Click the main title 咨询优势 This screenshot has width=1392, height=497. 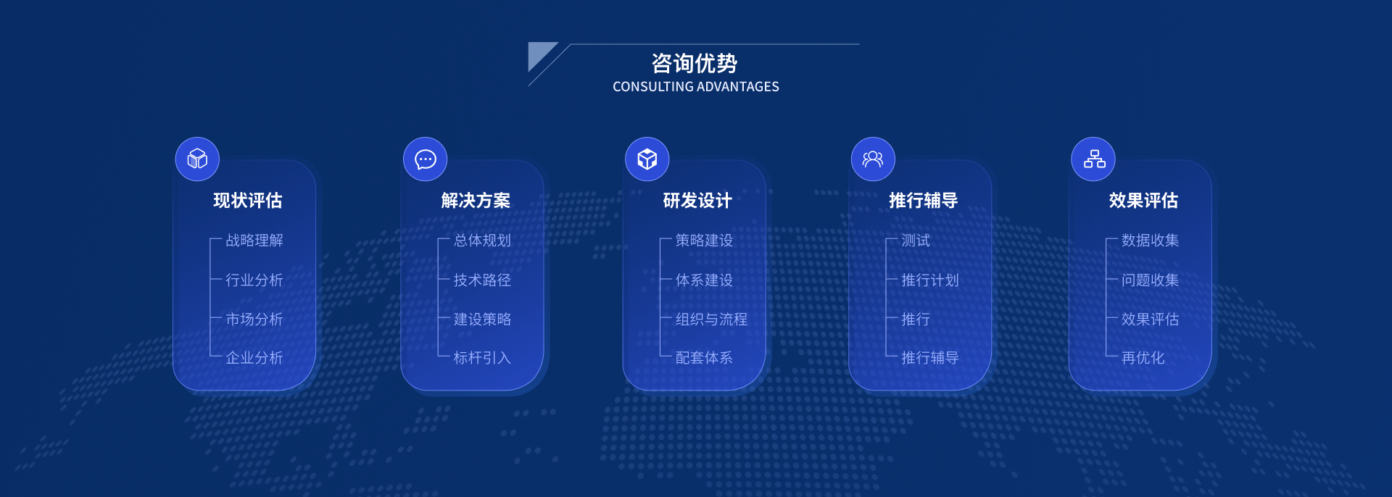[x=694, y=64]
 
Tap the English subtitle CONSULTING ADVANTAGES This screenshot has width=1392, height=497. [x=696, y=87]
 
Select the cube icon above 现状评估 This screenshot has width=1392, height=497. [x=197, y=159]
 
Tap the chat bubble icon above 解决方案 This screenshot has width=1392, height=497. [x=425, y=159]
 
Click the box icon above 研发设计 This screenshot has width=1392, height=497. [x=647, y=159]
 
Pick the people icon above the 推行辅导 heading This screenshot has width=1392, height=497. [x=873, y=159]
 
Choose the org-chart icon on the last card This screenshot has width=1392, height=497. [x=1093, y=159]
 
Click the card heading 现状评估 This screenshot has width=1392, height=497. [x=248, y=201]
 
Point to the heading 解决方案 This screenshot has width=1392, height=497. [x=476, y=201]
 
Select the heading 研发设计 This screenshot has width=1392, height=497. [x=697, y=201]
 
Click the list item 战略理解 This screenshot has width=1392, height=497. [x=254, y=241]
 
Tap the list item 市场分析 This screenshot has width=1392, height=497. [x=254, y=319]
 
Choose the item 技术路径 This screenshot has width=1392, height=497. [x=482, y=280]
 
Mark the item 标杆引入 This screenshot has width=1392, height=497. [x=482, y=358]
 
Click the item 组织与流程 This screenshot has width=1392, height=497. [x=711, y=319]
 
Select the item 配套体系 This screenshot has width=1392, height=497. [x=704, y=358]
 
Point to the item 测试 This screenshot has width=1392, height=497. [x=916, y=241]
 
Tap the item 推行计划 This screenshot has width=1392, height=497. [x=930, y=280]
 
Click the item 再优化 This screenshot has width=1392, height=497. [x=1143, y=358]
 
